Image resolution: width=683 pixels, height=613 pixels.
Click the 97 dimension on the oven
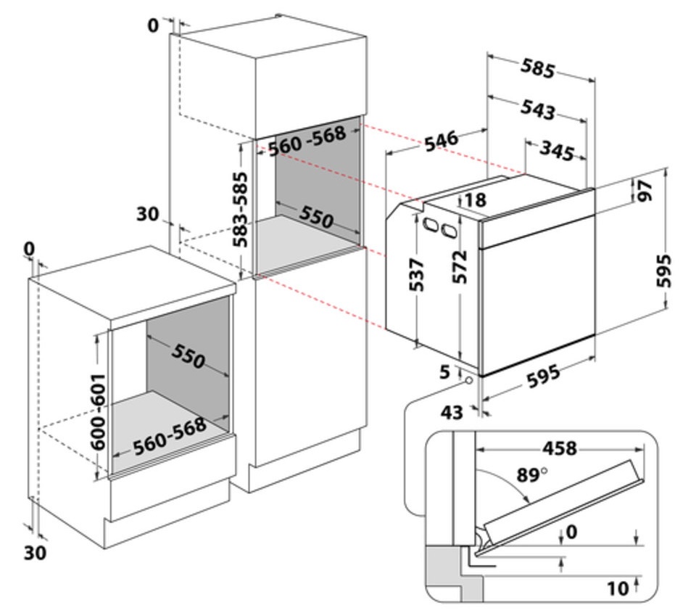(x=645, y=191)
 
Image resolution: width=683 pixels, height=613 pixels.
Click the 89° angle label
(x=531, y=475)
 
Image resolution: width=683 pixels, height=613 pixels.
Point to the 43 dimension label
(x=452, y=412)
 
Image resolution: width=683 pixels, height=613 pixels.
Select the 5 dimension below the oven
(x=444, y=373)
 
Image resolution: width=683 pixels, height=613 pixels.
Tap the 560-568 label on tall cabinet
(x=307, y=143)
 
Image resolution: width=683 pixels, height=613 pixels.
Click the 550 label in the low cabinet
(x=188, y=355)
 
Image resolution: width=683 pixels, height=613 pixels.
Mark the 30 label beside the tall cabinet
(x=147, y=214)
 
